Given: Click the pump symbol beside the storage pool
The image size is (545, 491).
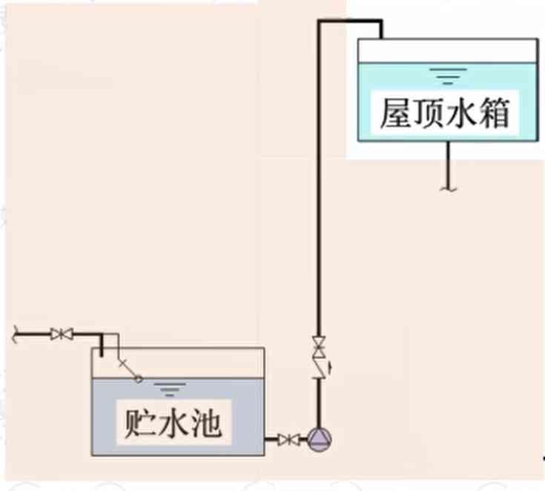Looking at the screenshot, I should coord(319,440).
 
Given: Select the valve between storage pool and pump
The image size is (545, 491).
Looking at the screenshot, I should coord(288,440).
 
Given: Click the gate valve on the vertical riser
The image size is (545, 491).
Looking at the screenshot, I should coord(319,346).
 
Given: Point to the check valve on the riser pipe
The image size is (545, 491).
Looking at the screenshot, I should coord(320,367).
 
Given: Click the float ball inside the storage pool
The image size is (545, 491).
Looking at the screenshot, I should coord(138,379).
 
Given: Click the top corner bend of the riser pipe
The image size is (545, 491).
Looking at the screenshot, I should coord(320,23).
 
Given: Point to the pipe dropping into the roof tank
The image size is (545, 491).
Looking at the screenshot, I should coord(380,31).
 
